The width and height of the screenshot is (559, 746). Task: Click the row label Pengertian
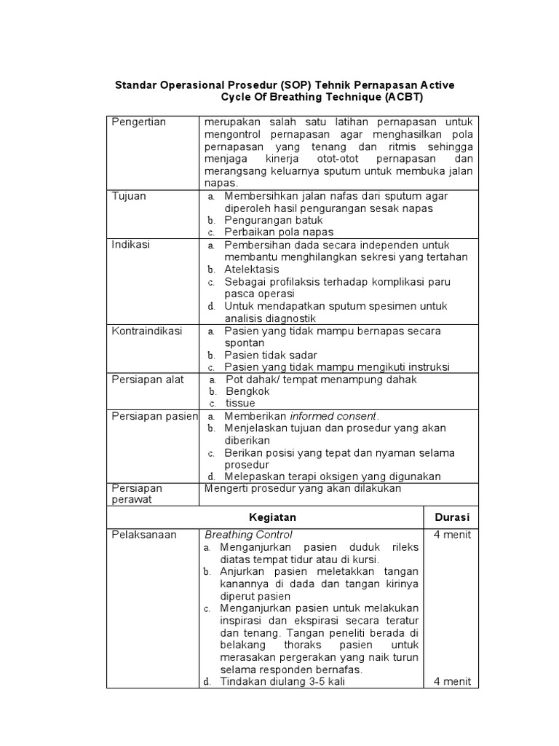coord(138,122)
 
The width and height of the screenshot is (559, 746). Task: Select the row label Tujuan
coord(129,196)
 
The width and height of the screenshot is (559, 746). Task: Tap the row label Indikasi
coord(131,245)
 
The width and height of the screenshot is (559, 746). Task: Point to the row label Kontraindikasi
coord(147,331)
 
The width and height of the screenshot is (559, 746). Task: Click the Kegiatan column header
coord(272,517)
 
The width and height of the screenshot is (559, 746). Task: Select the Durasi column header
coord(452,517)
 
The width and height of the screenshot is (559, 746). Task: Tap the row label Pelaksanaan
coord(143,535)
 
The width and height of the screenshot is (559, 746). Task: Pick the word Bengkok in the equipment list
coord(247,392)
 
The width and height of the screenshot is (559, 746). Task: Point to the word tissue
coord(239,404)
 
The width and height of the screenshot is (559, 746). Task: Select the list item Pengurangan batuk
coord(273,220)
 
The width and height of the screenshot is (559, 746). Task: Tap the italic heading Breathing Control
coord(248,535)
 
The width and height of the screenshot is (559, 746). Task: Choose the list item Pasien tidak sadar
coord(270,355)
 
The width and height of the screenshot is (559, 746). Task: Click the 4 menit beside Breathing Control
coord(452,535)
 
